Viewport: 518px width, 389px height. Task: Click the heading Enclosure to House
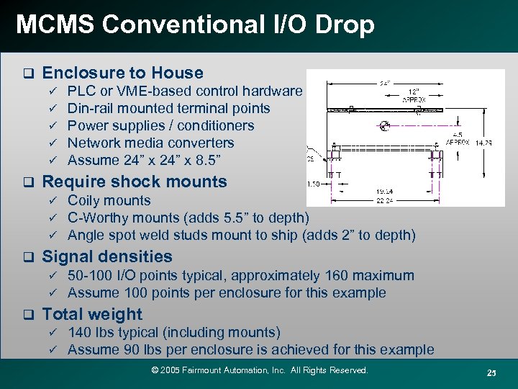tap(123, 73)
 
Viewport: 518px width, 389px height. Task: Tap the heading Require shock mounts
tap(135, 182)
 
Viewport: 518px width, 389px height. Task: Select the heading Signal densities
tap(107, 256)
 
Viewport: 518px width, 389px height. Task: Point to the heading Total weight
tap(92, 314)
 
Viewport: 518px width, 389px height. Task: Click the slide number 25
tap(491, 372)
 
